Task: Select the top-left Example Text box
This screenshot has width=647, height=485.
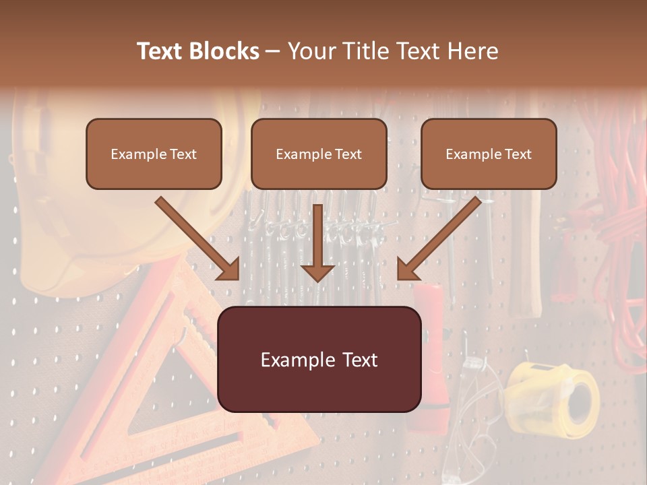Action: [x=154, y=154]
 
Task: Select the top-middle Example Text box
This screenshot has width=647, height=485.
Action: [x=319, y=154]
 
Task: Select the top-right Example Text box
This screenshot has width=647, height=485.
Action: [x=489, y=154]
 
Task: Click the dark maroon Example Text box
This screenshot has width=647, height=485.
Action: [x=319, y=359]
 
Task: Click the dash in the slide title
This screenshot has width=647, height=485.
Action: [x=273, y=51]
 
